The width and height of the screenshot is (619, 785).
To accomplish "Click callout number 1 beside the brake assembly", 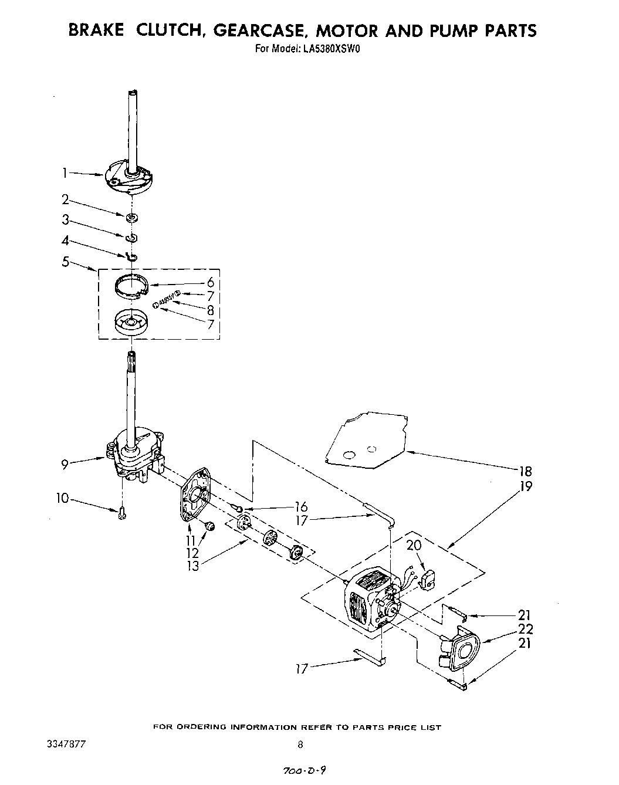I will coord(66,172).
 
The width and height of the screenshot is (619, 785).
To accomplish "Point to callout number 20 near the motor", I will coord(414,546).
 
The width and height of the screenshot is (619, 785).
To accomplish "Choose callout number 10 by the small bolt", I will coord(62,499).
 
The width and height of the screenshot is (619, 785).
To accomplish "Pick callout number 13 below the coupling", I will coord(192,566).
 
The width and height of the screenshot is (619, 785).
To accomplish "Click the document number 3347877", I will coord(66,745).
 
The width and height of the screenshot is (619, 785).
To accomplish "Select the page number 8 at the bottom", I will coord(300,745).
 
